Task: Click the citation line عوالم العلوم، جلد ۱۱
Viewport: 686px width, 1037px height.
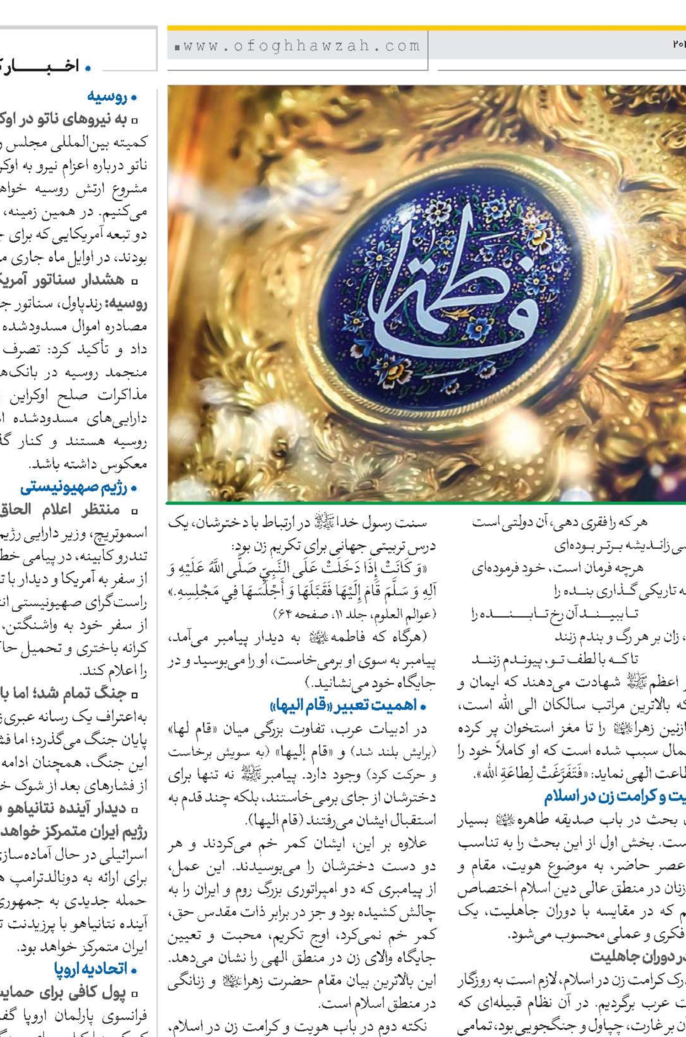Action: [x=354, y=614]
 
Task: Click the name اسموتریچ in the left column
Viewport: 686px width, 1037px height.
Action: [x=123, y=533]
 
